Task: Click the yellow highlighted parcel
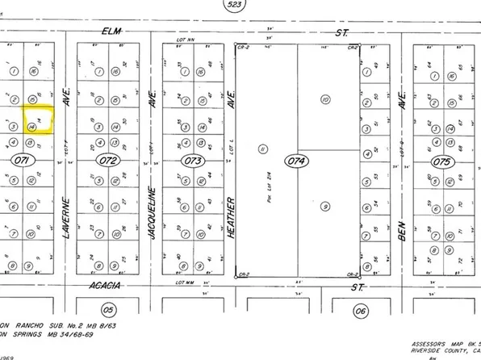pyautogui.click(x=36, y=121)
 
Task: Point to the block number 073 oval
pyautogui.click(x=192, y=161)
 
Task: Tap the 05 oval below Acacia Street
pyautogui.click(x=107, y=309)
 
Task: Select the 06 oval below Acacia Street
pyautogui.click(x=361, y=309)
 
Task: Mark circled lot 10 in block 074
pyautogui.click(x=325, y=100)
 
